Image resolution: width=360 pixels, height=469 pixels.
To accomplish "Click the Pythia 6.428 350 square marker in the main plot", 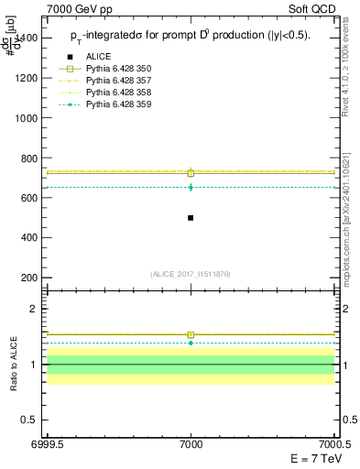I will click(x=191, y=172).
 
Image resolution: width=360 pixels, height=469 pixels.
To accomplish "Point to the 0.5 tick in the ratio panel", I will click(x=31, y=420).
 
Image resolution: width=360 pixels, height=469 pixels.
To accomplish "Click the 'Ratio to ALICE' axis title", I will click(x=13, y=364).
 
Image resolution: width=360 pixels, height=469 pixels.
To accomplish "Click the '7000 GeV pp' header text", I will click(x=74, y=8).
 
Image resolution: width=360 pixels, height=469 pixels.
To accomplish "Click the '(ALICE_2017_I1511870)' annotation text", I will click(x=191, y=274).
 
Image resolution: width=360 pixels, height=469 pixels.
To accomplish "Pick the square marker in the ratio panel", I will click(x=191, y=334).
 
